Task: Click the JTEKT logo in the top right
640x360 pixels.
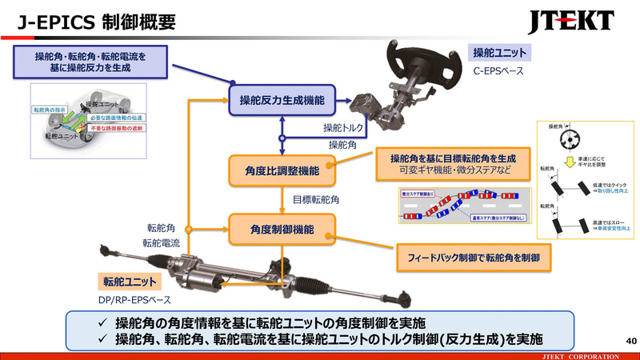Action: (x=571, y=19)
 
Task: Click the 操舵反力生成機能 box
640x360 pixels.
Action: (x=282, y=101)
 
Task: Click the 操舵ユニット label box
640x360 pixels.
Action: (x=500, y=54)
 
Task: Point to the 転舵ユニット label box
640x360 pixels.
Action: (x=130, y=282)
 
